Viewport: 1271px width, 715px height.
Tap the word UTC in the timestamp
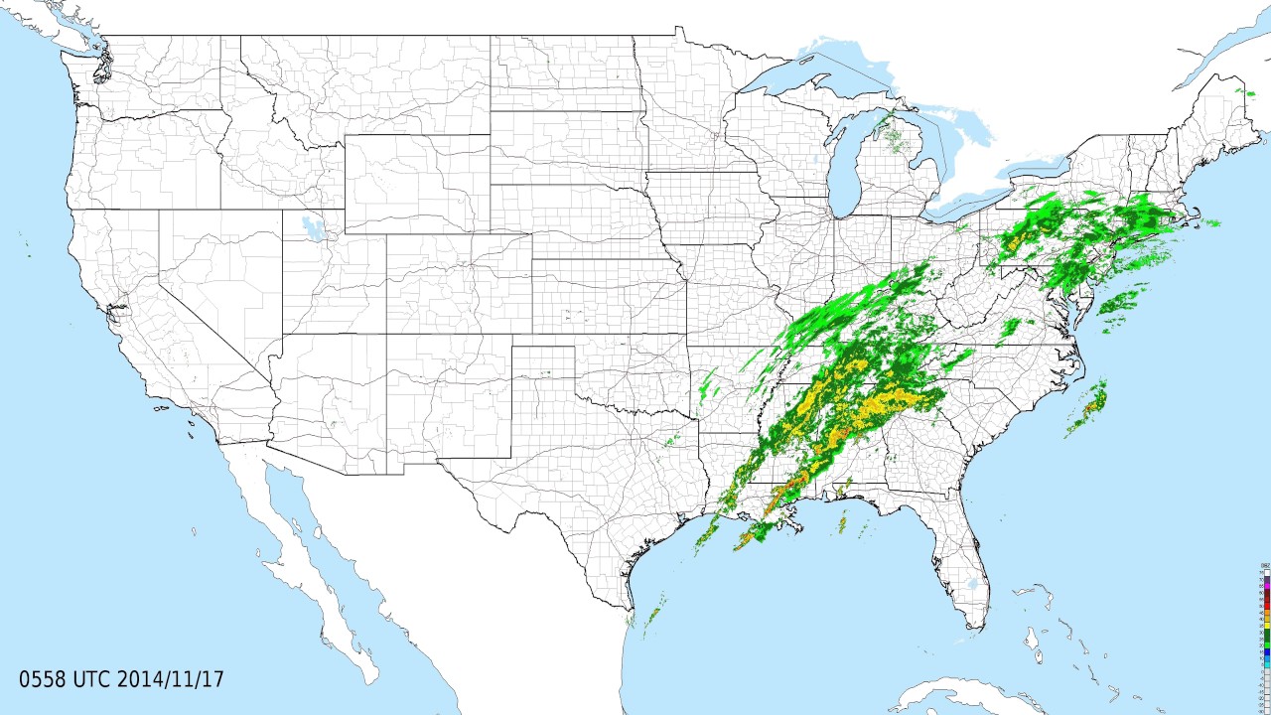pyautogui.click(x=92, y=680)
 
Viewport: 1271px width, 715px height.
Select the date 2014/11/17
pyautogui.click(x=170, y=680)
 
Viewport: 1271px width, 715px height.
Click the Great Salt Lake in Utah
pyautogui.click(x=313, y=227)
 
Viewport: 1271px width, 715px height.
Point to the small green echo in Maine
pyautogui.click(x=1240, y=92)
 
